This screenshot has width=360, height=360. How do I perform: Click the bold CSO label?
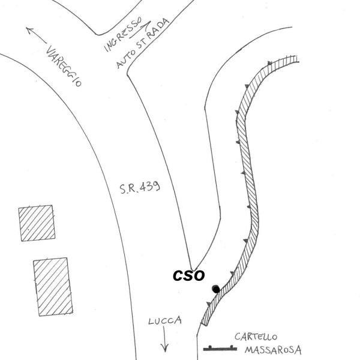coord(189,275)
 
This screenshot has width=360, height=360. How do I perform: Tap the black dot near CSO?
coord(215,289)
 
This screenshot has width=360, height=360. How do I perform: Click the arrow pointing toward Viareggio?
coord(37,35)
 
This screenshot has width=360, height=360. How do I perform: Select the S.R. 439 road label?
coord(139,188)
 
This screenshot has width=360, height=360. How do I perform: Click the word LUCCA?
coord(164,322)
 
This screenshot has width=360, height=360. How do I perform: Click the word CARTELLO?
coord(254,337)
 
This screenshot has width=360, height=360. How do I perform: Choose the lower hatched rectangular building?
coord(53,287)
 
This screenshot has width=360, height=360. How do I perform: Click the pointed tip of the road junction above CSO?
coord(193,268)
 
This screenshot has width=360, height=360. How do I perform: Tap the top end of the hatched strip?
coord(294,59)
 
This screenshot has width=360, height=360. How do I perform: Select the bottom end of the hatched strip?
coord(205,322)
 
